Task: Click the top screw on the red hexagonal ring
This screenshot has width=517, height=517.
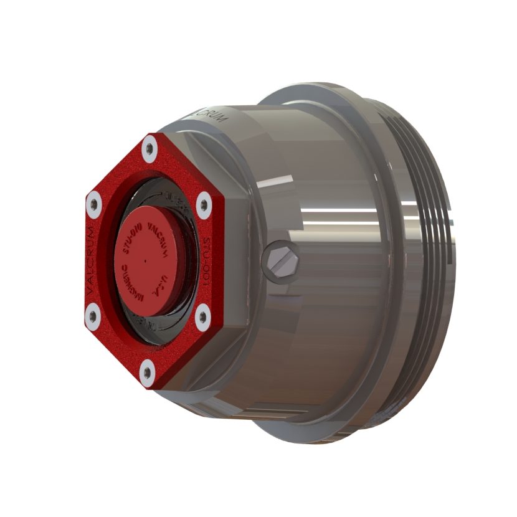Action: (149, 148)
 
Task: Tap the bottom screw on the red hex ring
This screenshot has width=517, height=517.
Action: (147, 372)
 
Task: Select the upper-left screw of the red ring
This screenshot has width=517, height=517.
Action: (94, 204)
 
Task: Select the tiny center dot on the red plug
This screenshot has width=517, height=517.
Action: (145, 257)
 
